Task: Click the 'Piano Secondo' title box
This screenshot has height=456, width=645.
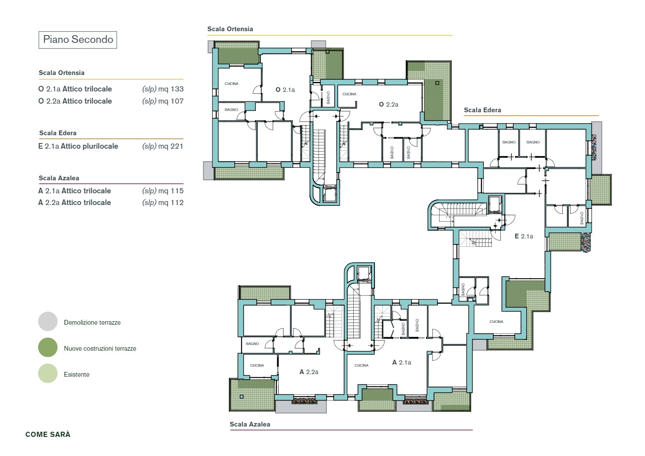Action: click(x=78, y=40)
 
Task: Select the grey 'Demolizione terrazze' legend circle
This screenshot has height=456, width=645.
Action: click(x=48, y=321)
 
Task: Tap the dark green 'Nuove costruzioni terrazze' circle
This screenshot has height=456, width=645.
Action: click(x=48, y=347)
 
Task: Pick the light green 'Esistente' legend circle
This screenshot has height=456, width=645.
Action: click(x=48, y=373)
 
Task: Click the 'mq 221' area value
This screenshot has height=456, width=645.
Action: click(x=171, y=146)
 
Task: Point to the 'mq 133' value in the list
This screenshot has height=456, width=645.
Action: click(x=171, y=89)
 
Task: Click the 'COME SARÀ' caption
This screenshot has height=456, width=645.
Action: click(x=48, y=434)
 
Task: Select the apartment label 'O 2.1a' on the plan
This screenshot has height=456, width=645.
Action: click(x=285, y=90)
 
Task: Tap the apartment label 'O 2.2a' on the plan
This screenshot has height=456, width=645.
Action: click(x=388, y=104)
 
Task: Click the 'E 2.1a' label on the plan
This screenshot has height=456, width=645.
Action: click(x=524, y=236)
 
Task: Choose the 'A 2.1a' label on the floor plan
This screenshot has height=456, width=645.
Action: click(x=401, y=362)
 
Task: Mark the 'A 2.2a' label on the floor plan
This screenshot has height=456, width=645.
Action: click(x=309, y=372)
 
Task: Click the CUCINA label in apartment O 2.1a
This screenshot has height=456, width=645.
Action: click(x=231, y=84)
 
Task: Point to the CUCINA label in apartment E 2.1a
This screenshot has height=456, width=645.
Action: click(x=496, y=322)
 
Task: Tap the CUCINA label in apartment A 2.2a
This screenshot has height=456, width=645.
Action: click(x=257, y=365)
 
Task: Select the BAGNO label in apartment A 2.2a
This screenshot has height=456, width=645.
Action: click(x=252, y=344)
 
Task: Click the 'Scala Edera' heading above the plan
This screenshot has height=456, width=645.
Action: click(x=482, y=110)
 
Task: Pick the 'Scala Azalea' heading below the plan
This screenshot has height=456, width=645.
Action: click(x=250, y=424)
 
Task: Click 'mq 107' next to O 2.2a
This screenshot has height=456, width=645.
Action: click(x=171, y=101)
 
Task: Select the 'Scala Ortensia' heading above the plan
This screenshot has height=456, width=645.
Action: click(x=230, y=29)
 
